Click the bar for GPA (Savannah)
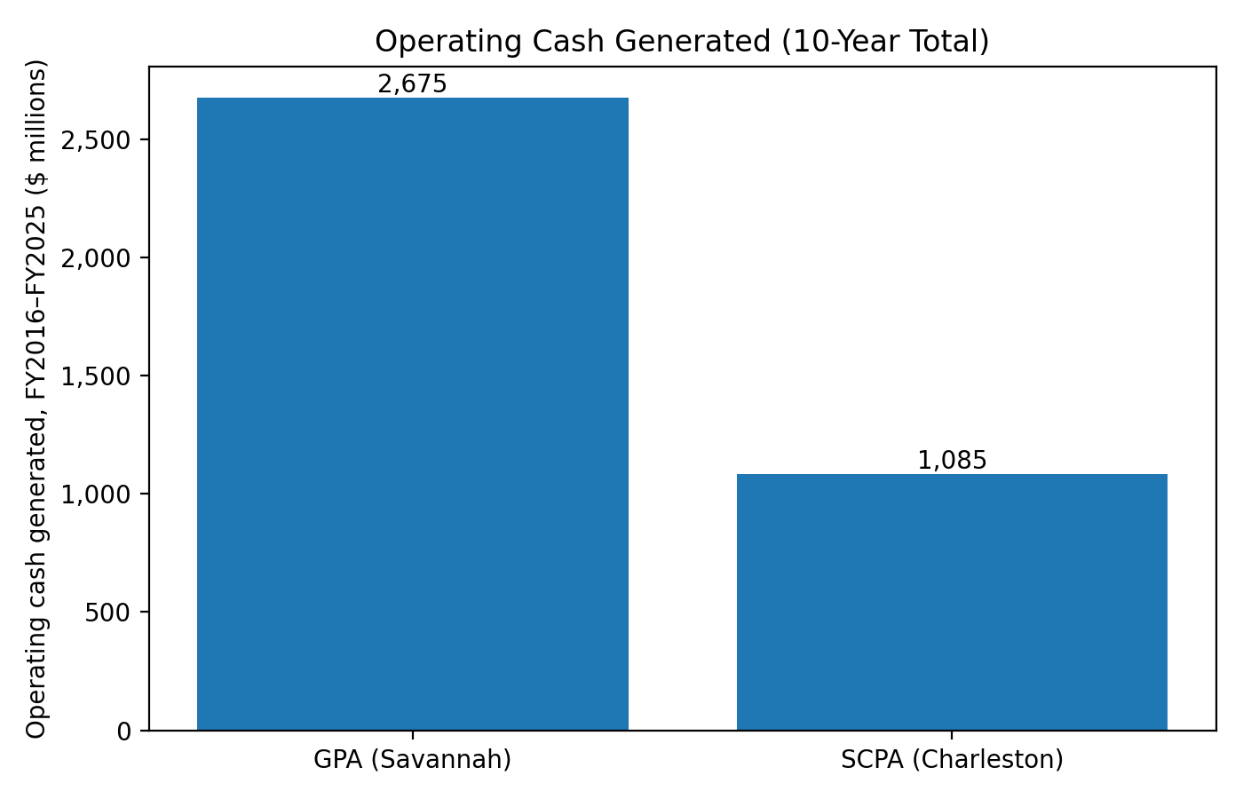(x=412, y=414)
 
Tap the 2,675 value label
(x=412, y=84)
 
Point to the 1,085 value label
(x=952, y=461)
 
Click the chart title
(x=682, y=42)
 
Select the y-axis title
(x=36, y=399)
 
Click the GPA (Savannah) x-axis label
(x=412, y=761)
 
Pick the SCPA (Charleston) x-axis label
(x=952, y=761)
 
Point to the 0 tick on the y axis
(x=123, y=731)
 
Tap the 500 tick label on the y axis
(x=107, y=613)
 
